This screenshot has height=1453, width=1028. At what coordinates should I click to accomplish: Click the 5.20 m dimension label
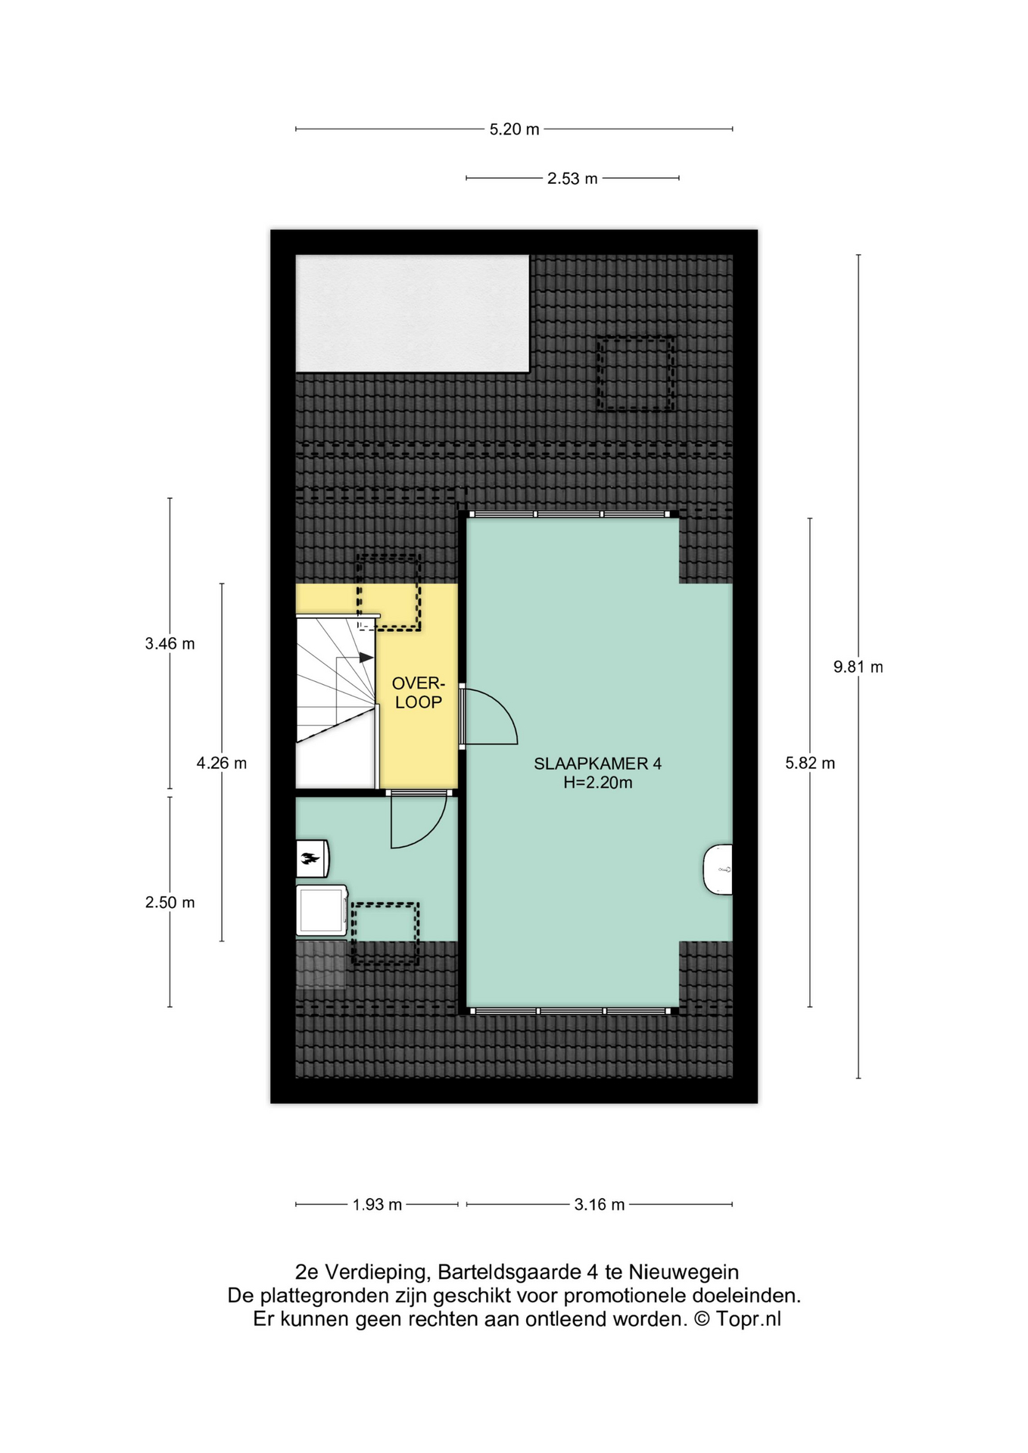[x=514, y=129]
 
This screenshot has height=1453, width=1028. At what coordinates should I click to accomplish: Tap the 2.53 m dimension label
[x=572, y=179]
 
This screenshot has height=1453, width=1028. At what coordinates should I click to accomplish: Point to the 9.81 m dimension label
[x=858, y=667]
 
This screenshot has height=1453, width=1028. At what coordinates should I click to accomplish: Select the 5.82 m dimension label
[x=810, y=763]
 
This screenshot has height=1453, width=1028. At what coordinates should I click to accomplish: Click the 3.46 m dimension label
[x=170, y=643]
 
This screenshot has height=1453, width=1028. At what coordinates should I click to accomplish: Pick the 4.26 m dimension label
[x=222, y=763]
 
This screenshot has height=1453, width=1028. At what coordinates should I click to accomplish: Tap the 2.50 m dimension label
[x=170, y=902]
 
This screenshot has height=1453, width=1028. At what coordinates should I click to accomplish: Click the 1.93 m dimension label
[x=377, y=1204]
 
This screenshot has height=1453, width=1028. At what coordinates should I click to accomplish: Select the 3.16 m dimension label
[x=600, y=1204]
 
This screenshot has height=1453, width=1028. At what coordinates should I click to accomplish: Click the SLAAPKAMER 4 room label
[x=597, y=764]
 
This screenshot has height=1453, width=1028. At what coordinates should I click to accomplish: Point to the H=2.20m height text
[x=597, y=783]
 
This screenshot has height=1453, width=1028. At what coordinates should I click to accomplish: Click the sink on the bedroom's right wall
[x=718, y=870]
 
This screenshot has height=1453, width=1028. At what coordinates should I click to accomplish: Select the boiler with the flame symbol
[x=312, y=858]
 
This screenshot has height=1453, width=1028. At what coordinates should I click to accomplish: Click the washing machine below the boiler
[x=322, y=910]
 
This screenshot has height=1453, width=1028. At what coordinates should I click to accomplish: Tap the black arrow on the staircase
[x=366, y=658]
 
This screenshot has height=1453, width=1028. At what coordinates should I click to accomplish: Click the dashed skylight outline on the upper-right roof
[x=635, y=374]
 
